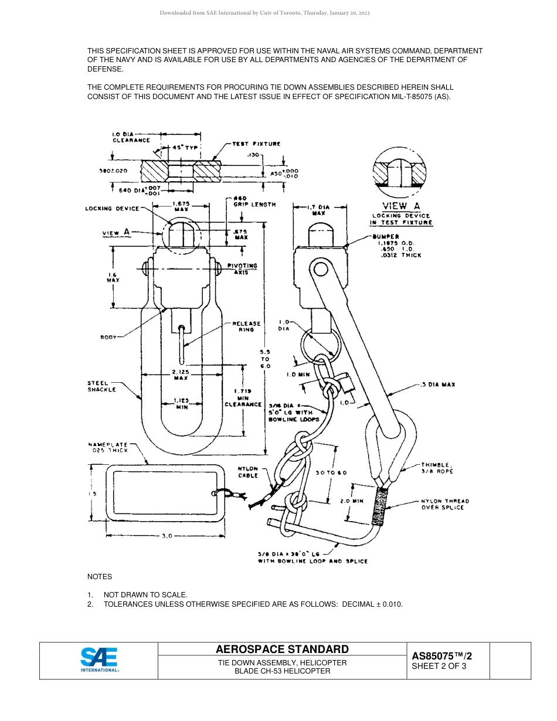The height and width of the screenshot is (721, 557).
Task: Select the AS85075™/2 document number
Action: pyautogui.click(x=441, y=656)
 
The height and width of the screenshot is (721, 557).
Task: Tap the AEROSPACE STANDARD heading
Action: pyautogui.click(x=282, y=649)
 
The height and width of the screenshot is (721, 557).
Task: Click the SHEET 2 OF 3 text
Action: pyautogui.click(x=439, y=666)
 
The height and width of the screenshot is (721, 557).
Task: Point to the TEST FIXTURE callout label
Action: pyautogui.click(x=256, y=144)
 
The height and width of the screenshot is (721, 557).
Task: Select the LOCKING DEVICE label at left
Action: pyautogui.click(x=113, y=209)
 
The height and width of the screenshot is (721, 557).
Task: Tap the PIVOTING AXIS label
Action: pyautogui.click(x=242, y=269)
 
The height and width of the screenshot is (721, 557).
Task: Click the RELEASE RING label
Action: pyautogui.click(x=246, y=327)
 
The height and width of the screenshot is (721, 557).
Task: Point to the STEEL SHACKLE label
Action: pyautogui.click(x=102, y=386)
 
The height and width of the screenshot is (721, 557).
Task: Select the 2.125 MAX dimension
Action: pyautogui.click(x=180, y=375)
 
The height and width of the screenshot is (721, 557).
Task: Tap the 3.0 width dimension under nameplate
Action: pyautogui.click(x=166, y=536)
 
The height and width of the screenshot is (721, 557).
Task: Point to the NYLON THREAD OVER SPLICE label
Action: pyautogui.click(x=445, y=504)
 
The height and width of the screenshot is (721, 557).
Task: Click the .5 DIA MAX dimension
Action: pyautogui.click(x=438, y=385)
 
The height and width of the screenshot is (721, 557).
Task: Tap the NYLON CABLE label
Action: pyautogui.click(x=248, y=472)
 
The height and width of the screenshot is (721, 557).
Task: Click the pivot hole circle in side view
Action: pyautogui.click(x=320, y=270)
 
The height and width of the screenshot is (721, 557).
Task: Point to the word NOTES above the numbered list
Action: pyautogui.click(x=100, y=577)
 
